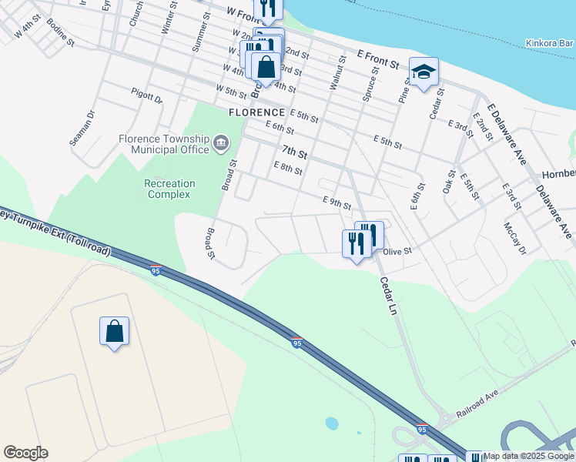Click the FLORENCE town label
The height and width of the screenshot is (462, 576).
tap(258, 112)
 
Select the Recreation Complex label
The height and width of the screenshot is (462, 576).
tap(169, 189)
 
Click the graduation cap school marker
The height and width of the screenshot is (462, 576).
tap(423, 72)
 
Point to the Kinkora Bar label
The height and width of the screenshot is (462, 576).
tap(550, 44)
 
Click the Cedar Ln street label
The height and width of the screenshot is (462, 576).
tap(387, 296)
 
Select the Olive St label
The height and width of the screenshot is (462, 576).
tap(398, 251)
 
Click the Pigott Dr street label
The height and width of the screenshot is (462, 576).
tap(146, 99)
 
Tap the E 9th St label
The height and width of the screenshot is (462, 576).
tap(336, 203)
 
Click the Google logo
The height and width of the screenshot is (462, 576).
tap(25, 453)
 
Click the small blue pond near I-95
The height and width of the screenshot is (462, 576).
tap(332, 423)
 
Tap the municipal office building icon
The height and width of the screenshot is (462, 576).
tap(221, 142)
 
